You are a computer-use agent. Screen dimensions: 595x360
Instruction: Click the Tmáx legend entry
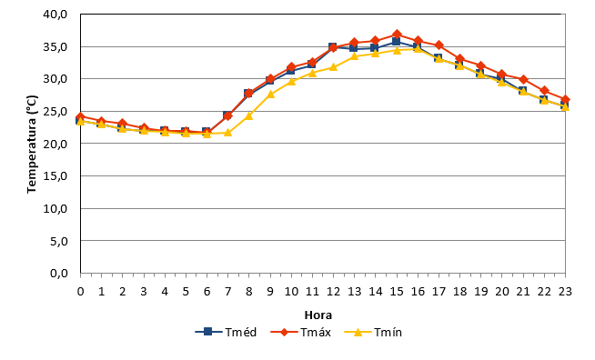[300, 333]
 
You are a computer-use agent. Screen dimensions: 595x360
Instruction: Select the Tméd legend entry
[226, 333]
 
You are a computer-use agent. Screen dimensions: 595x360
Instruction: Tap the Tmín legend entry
[373, 333]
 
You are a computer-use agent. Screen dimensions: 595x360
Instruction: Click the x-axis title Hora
[318, 315]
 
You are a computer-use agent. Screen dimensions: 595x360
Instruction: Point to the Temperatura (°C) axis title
[32, 145]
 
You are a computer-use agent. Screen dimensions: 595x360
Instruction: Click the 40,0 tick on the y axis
[55, 15]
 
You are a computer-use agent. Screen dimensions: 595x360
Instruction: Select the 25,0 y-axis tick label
[55, 112]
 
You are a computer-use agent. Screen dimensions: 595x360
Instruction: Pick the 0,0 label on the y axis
[59, 273]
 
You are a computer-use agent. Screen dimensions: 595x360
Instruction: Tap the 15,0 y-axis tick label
[55, 176]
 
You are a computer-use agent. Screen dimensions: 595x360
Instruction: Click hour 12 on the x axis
[333, 291]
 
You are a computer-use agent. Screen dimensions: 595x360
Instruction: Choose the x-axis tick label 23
[565, 291]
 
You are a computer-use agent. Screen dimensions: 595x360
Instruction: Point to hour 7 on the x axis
[227, 291]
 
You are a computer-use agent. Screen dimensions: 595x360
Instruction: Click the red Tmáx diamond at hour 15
[397, 35]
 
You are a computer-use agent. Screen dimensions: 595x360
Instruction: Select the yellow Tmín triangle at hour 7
[227, 132]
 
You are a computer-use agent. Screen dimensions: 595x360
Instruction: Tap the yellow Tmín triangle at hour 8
[249, 115]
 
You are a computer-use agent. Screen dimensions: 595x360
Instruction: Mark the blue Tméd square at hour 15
[397, 41]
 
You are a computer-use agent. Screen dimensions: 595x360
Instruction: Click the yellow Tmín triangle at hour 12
[333, 66]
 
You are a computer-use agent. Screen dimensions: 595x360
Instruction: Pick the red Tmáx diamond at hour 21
[523, 80]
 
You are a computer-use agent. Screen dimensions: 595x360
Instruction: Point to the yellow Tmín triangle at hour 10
[291, 81]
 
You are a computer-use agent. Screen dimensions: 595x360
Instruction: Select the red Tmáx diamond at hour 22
[544, 91]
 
